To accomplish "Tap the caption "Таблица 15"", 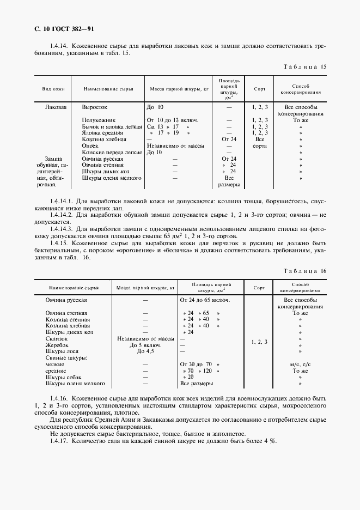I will (305, 66).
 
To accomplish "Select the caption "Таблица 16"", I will (305, 271).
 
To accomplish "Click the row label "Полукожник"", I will (98, 120).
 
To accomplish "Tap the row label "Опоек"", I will (90, 145).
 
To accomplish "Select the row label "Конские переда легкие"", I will (111, 152).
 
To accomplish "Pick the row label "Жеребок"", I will (59, 345).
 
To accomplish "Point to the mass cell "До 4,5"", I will (145, 351).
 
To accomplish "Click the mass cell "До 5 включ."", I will (145, 345).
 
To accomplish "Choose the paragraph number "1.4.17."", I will (60, 441).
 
